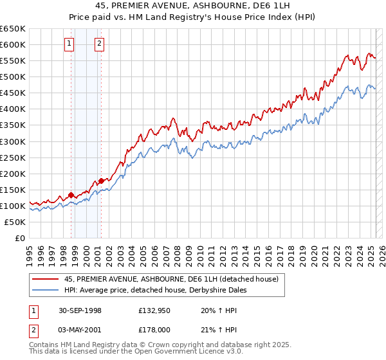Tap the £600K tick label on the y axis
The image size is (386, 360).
(12, 44)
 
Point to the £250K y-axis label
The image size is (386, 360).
(12, 157)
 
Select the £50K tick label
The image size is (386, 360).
(15, 222)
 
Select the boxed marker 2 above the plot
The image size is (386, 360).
(100, 44)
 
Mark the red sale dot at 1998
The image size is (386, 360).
(71, 195)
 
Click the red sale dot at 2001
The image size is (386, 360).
(101, 181)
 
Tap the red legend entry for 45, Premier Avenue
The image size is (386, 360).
(171, 279)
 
